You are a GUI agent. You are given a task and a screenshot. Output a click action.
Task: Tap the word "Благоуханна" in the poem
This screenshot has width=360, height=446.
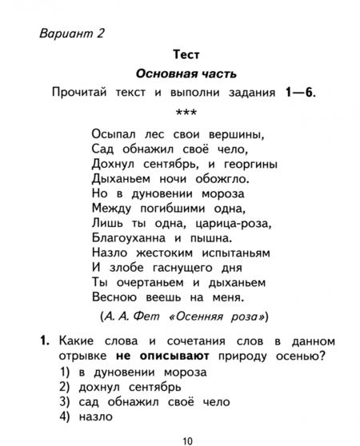click(131, 237)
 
